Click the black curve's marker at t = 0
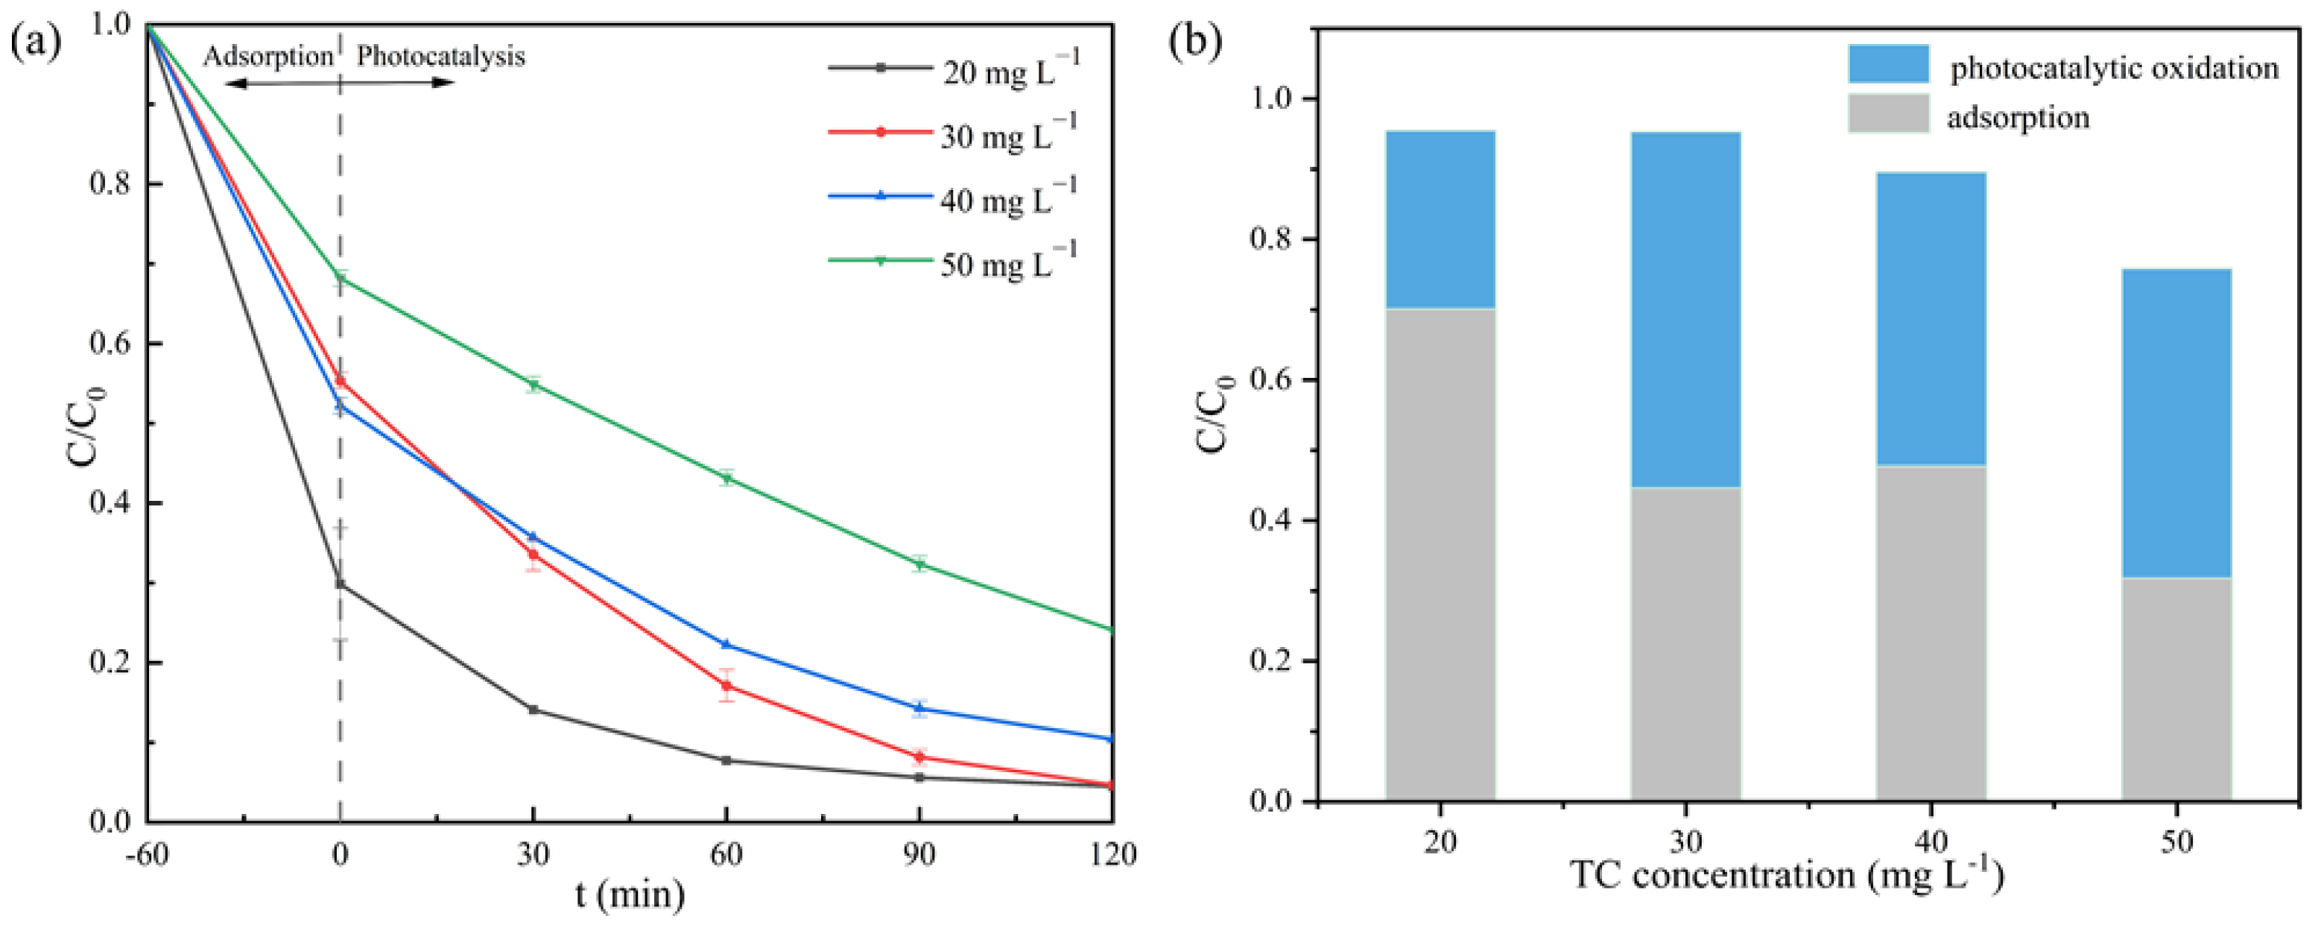[x=340, y=584]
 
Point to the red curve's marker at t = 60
[x=726, y=686]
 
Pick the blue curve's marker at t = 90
[x=919, y=709]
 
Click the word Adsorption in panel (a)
[x=267, y=57]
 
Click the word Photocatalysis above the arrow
[x=440, y=57]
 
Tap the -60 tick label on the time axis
[x=147, y=853]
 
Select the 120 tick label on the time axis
[x=1112, y=853]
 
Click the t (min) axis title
[x=630, y=895]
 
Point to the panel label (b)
[x=1194, y=42]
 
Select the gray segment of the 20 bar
[x=1440, y=555]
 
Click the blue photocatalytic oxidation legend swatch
[x=1889, y=64]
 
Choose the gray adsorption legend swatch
[x=1889, y=113]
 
